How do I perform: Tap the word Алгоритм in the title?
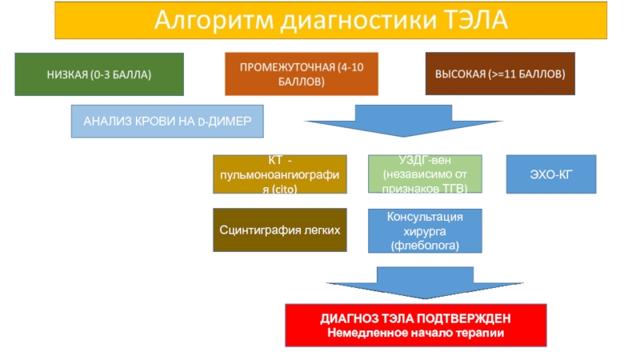point(214,21)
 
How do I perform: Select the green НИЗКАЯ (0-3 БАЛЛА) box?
point(99,74)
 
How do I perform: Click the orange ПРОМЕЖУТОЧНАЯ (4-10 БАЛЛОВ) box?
point(302,74)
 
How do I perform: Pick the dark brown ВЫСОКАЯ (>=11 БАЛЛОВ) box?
point(500,74)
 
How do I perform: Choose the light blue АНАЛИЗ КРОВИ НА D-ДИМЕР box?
point(167,122)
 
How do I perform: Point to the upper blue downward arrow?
point(403,121)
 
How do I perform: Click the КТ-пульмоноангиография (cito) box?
point(280,174)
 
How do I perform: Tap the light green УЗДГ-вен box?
point(425,174)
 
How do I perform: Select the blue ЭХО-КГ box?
point(551,174)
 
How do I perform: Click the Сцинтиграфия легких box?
point(280,230)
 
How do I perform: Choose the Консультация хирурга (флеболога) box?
point(425,231)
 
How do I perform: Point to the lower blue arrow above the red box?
point(425,283)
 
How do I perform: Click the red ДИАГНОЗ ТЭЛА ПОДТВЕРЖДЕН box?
point(416,326)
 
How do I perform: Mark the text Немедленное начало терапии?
point(415,333)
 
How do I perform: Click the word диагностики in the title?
point(358,21)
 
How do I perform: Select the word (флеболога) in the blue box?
point(425,246)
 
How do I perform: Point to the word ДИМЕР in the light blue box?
point(230,122)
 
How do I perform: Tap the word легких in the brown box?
point(322,230)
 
